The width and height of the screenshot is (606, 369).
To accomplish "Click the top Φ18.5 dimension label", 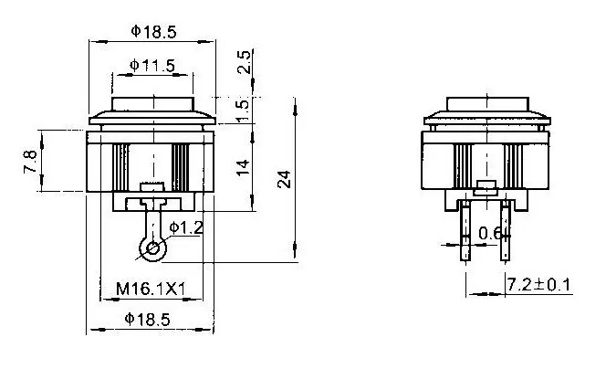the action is [x=153, y=31].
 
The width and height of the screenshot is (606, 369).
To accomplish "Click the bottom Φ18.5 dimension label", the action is [x=147, y=320].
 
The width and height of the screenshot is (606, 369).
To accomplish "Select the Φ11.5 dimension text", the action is [x=152, y=66].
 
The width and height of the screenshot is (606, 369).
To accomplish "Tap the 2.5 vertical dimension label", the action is [x=245, y=62].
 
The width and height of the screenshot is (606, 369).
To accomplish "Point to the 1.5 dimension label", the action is [x=244, y=111].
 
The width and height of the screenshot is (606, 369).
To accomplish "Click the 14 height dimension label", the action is [x=243, y=168].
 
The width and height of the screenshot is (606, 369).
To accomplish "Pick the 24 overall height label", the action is [x=284, y=179].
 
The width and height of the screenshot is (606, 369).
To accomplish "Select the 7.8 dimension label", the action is [x=30, y=162].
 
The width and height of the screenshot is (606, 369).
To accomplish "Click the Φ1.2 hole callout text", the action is [x=186, y=227].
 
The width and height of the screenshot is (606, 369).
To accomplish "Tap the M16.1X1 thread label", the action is [x=151, y=289].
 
